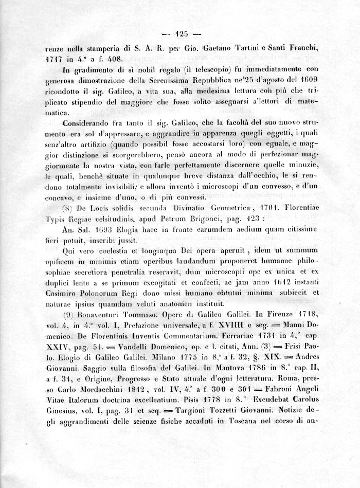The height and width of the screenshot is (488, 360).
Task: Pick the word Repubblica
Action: (204, 80)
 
